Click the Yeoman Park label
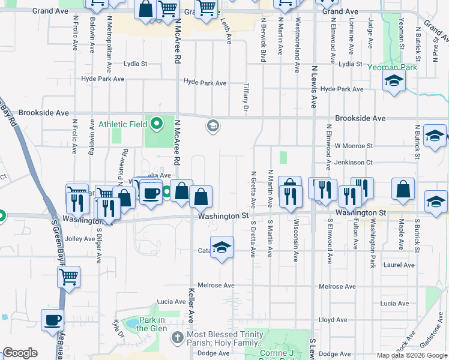[x=393, y=68]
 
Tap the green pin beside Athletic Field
[x=157, y=124]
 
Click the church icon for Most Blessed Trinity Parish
[x=177, y=338]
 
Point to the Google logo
[x=20, y=353]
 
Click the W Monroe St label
[x=354, y=146]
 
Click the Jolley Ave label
[x=80, y=238]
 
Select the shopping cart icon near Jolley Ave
[x=69, y=277]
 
